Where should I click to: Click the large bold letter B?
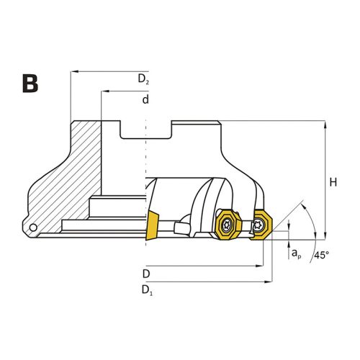(x=30, y=84)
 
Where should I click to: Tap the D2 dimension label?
(x=143, y=79)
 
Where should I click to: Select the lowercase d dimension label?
(x=145, y=99)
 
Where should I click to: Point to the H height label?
(x=333, y=182)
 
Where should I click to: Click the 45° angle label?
(x=322, y=255)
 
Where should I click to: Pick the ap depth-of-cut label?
(x=296, y=253)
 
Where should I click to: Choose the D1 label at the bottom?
(x=147, y=290)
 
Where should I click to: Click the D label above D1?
(x=146, y=274)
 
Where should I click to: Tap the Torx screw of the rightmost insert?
(x=258, y=225)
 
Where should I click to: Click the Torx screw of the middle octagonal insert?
(x=226, y=225)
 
